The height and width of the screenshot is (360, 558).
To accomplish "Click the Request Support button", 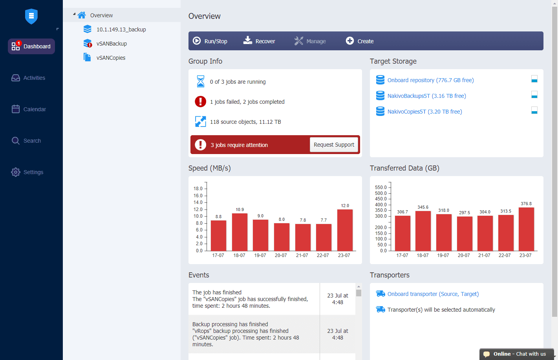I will (x=334, y=145).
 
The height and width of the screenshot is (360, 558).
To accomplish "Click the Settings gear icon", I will (x=16, y=172).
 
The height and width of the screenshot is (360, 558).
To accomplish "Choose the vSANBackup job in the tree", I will (x=112, y=44).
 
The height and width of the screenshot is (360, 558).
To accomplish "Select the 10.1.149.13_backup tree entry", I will (x=121, y=29).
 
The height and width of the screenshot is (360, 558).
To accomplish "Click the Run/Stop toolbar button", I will (x=210, y=41).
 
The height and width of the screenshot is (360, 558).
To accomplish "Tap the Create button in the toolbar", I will (x=360, y=41).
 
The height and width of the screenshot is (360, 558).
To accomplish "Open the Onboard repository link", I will (x=430, y=80).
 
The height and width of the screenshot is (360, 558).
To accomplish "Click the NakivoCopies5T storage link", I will (x=424, y=112).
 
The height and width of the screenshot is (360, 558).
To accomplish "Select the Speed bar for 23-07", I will (x=345, y=230).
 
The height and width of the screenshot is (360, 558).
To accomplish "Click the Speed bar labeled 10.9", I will (x=240, y=232).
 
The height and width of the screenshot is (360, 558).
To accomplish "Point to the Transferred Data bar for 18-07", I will (x=423, y=231).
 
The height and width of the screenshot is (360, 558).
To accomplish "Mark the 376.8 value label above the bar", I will (x=526, y=204).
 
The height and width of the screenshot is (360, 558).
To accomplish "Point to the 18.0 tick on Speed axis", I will (x=198, y=189).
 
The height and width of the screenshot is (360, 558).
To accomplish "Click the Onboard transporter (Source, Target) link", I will (x=433, y=294).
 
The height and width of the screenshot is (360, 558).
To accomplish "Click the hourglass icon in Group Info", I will (x=201, y=81).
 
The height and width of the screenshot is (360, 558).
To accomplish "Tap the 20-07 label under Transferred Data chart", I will (x=464, y=255).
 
